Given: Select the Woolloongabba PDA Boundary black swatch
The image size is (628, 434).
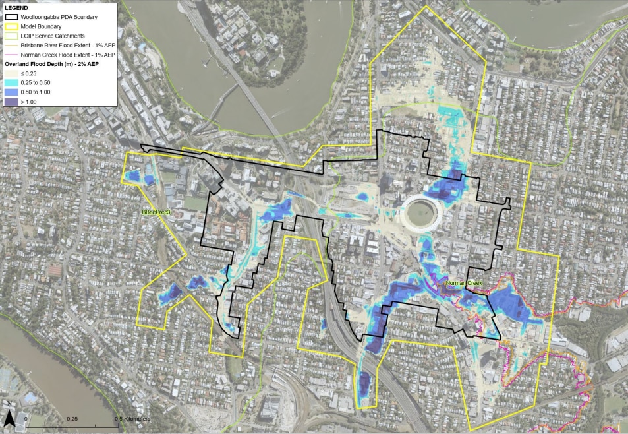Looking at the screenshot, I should click(11, 16).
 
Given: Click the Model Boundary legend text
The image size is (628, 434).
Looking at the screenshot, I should click(45, 26).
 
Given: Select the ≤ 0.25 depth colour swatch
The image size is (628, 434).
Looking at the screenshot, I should click(11, 73).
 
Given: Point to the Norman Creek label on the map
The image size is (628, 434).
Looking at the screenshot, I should click(464, 284).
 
